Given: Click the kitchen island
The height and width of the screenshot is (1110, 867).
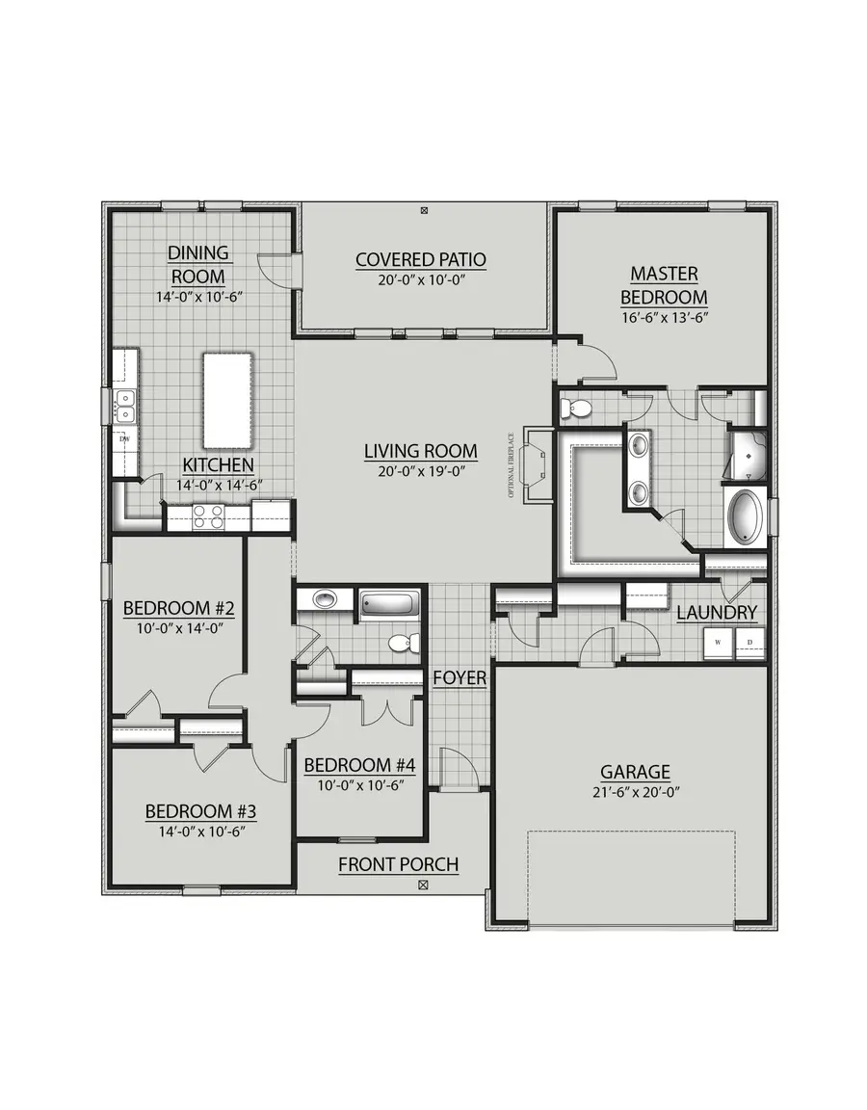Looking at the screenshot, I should click(227, 400).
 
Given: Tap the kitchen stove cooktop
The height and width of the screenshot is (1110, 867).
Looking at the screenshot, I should click(209, 517).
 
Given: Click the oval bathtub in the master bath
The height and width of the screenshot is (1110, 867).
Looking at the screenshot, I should click(745, 518).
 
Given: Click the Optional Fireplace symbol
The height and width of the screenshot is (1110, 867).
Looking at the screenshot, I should click(536, 463).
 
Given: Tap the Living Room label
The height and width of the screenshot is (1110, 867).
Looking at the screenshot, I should click(420, 451).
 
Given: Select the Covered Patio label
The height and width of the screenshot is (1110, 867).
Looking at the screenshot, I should click(420, 259).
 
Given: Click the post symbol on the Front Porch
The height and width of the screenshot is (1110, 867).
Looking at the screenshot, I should click(423, 884).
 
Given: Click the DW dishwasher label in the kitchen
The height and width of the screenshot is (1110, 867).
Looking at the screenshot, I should click(123, 438).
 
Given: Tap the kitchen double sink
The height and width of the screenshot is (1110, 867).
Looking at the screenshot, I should click(124, 406).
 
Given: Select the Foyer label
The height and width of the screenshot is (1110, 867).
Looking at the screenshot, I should click(459, 678).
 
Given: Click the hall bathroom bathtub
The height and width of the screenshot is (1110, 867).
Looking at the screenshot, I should click(390, 605).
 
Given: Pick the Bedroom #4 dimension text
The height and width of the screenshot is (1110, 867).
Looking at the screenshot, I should click(359, 784).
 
